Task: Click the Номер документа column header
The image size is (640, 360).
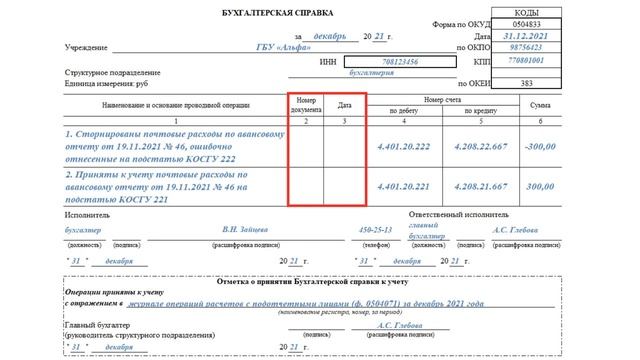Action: (x=306, y=105)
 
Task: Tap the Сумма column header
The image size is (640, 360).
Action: (x=568, y=105)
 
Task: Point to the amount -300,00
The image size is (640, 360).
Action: (x=567, y=146)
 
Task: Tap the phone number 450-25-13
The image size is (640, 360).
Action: (x=375, y=229)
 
